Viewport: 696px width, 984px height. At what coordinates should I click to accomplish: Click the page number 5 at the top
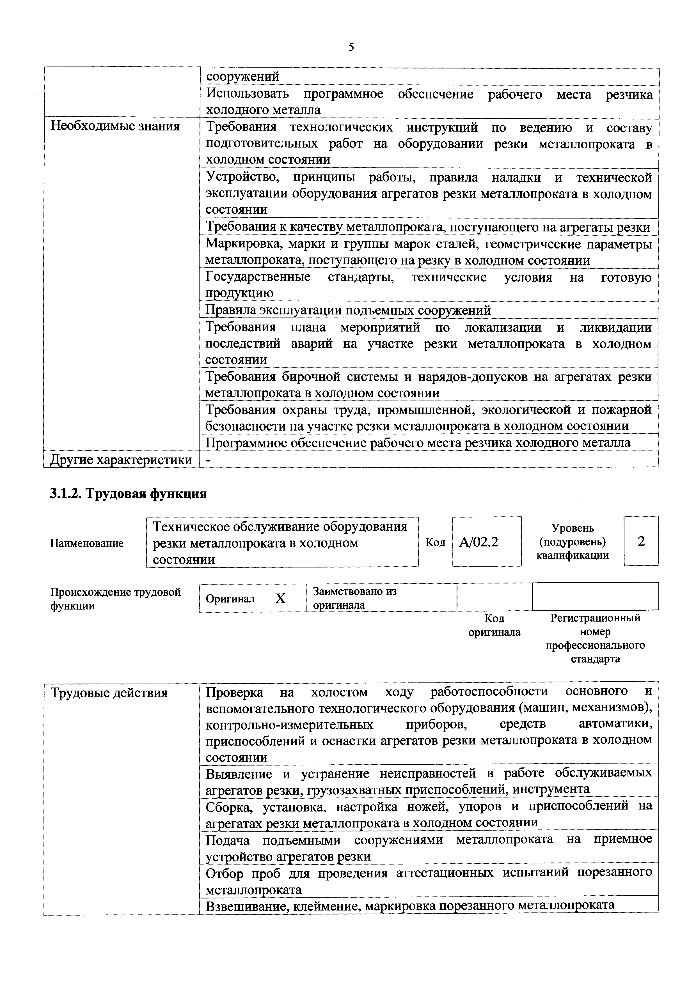pos(351,47)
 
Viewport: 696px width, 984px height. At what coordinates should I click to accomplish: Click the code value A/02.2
pos(478,542)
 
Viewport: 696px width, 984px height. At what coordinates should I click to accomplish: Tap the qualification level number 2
pos(641,542)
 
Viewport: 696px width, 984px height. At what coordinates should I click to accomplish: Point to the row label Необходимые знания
pos(115,127)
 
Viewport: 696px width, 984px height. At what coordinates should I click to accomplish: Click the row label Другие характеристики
pos(121,460)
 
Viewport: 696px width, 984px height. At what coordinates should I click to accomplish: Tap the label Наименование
pos(87,543)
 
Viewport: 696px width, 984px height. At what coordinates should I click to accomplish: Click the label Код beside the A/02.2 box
pos(435,542)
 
